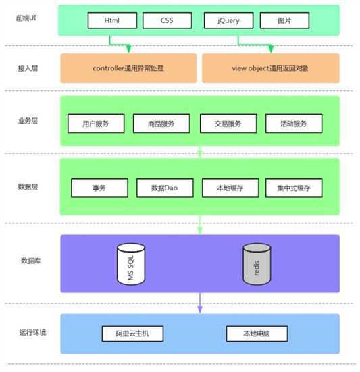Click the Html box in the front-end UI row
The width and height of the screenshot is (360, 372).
tap(112, 20)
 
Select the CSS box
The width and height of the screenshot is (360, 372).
tap(167, 20)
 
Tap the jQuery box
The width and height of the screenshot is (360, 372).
tap(228, 20)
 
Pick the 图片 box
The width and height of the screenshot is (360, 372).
tap(284, 20)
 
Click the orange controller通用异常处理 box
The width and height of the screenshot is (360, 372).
tap(128, 68)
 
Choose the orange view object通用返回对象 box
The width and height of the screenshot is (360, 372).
tap(270, 68)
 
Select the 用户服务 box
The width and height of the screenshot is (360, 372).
tap(97, 124)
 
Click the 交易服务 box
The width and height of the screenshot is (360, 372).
tap(228, 124)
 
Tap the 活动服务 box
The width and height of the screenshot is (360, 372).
tap(293, 124)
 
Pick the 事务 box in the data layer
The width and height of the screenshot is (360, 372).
tap(99, 188)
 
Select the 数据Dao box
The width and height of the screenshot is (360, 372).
tap(164, 188)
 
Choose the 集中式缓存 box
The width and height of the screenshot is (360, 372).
tap(293, 188)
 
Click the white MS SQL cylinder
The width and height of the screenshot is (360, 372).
tap(132, 264)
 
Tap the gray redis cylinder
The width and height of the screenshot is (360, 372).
tap(257, 264)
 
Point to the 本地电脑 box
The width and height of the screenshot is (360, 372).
tap(257, 334)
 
